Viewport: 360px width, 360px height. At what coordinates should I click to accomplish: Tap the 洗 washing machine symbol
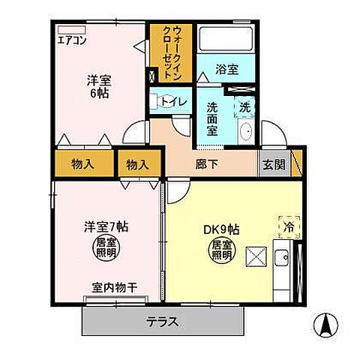245,106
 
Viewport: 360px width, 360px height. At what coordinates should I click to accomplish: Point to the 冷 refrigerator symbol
286,223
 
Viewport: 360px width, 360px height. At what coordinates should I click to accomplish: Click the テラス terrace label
163,322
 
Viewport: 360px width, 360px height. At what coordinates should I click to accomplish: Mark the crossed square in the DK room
256,257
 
